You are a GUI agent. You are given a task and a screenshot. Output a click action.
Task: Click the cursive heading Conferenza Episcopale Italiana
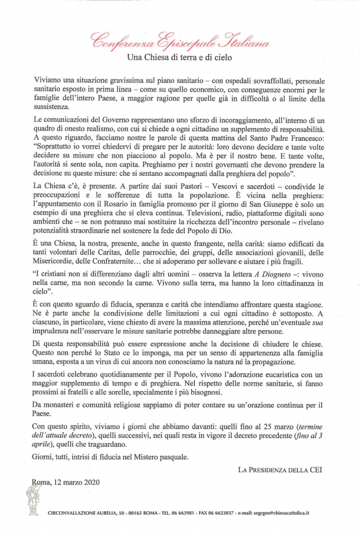[x=180, y=41]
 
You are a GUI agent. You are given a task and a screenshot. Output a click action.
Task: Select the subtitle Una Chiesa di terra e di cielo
[x=180, y=57]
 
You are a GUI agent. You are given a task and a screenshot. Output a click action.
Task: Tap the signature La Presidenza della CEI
[x=281, y=470]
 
